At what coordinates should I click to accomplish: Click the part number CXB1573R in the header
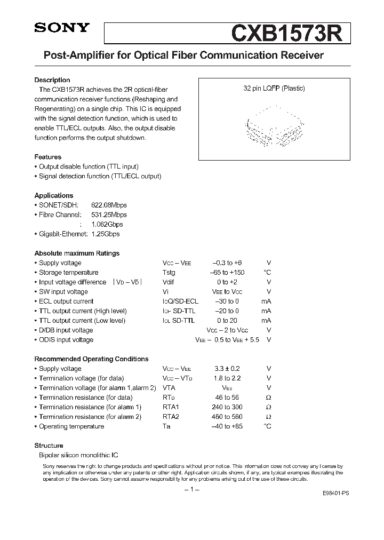click(x=290, y=33)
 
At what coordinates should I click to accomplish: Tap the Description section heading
click(x=52, y=80)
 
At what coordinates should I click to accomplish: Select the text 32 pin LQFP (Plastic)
click(x=274, y=89)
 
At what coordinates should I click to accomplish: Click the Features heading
click(x=48, y=157)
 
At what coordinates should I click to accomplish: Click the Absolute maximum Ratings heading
click(x=77, y=253)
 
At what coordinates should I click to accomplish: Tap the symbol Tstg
click(x=169, y=273)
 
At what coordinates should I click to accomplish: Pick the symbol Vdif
click(x=169, y=282)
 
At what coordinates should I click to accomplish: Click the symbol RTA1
click(x=171, y=407)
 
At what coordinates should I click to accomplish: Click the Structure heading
click(x=49, y=446)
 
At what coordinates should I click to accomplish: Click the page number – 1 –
click(x=191, y=490)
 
